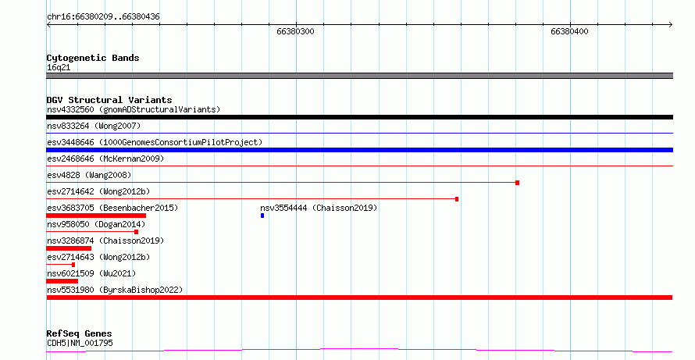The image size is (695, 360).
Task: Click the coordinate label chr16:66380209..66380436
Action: [x=103, y=17]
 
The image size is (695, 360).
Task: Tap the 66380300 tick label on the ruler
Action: [x=295, y=31]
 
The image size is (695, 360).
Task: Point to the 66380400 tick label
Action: [x=569, y=31]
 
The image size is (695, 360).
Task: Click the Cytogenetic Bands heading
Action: [x=93, y=58]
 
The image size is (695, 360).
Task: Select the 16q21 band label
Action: [x=59, y=67]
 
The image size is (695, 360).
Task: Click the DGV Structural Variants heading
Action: [x=109, y=100]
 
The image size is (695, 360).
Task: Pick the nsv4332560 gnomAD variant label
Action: [x=134, y=109]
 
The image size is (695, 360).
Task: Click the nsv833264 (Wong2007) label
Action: [x=94, y=126]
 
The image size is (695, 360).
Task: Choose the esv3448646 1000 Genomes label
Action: [x=155, y=142]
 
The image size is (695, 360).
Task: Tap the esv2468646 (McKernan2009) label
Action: [x=105, y=159]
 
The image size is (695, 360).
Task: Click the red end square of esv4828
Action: [x=517, y=183]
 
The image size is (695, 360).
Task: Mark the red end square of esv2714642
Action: [x=457, y=199]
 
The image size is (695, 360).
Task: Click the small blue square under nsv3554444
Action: [x=262, y=216]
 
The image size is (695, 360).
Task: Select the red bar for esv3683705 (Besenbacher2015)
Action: [x=96, y=216]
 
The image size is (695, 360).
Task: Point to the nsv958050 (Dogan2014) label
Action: [x=96, y=224]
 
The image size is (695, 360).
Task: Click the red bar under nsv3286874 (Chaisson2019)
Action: [x=69, y=248]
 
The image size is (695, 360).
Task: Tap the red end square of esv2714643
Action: [x=73, y=265]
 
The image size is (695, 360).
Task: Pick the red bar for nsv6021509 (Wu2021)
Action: [x=62, y=281]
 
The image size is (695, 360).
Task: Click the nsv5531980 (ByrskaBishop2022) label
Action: [x=115, y=290]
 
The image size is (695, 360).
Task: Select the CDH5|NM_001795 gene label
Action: [x=80, y=343]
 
